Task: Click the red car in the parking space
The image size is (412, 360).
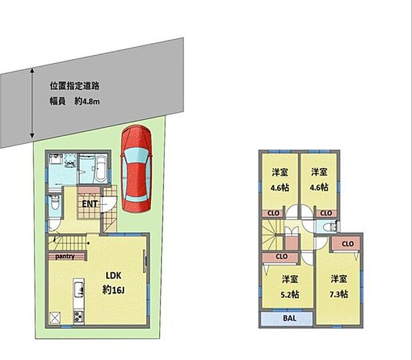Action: pos(136,169)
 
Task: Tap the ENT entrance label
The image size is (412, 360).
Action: pos(90,204)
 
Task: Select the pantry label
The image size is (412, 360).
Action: pos(65,256)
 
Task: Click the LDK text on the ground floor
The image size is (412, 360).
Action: pos(114,276)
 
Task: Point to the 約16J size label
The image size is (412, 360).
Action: pos(113,290)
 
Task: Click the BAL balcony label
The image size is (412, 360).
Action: pos(290,318)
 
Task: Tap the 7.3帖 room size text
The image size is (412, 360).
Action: pos(339,294)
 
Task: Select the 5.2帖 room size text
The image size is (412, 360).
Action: pos(290,294)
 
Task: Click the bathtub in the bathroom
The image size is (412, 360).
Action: pos(100,169)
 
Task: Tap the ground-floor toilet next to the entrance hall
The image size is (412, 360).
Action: pos(55,203)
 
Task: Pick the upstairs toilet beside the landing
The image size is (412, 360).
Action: pos(329,227)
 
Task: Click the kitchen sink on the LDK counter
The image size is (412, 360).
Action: pos(78,289)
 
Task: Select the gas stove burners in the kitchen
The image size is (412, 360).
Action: pos(78,316)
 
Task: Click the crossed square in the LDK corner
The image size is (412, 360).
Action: pos(55,317)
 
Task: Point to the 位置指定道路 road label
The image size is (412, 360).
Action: pos(74,86)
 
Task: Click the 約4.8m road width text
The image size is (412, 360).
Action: pos(87,102)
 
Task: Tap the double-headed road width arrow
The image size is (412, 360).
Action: pos(32,103)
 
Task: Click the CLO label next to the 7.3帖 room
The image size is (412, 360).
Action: pos(348,244)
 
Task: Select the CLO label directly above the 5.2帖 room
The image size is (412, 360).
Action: pos(281,256)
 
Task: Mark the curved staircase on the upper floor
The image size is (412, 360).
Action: pos(272,234)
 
